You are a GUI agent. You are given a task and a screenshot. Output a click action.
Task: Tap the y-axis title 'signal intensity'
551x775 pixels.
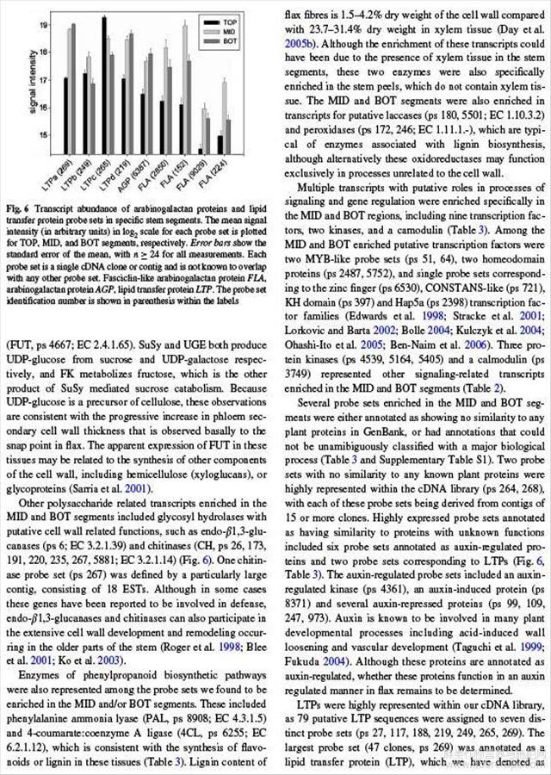pyautogui.click(x=21, y=85)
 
